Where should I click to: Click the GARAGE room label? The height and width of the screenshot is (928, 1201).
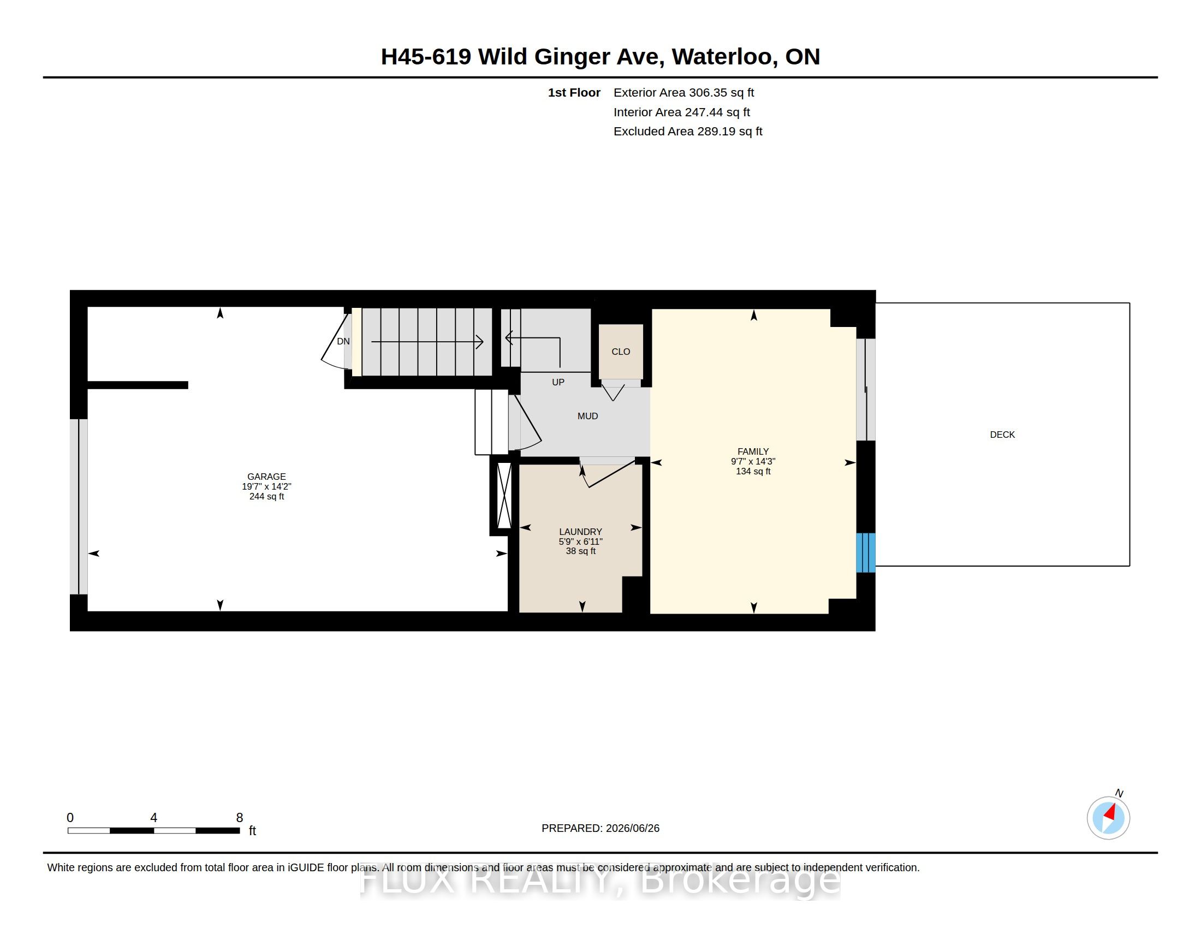click(266, 477)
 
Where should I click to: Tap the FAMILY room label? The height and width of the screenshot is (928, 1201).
click(753, 451)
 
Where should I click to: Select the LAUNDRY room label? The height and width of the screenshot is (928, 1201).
click(580, 532)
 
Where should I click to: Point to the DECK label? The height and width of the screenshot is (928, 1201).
click(1002, 435)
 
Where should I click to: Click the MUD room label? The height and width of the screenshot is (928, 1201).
click(587, 416)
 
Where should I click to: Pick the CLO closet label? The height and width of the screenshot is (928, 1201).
click(620, 352)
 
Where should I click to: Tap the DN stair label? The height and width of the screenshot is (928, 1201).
click(343, 341)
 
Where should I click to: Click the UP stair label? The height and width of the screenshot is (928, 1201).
click(557, 382)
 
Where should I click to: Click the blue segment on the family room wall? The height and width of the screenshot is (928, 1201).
click(866, 552)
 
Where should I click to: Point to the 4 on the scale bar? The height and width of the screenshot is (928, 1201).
click(153, 818)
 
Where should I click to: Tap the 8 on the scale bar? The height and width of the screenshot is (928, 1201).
click(239, 818)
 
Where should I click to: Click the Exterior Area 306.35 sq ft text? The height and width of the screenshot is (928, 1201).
click(683, 93)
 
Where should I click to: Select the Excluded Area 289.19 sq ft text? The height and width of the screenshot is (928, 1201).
click(687, 132)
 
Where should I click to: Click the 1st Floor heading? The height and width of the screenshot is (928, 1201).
click(574, 93)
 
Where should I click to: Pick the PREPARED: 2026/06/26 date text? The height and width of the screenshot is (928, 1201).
click(600, 828)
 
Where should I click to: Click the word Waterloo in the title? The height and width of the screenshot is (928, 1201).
click(725, 57)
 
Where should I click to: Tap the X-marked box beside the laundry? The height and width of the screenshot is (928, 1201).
click(504, 495)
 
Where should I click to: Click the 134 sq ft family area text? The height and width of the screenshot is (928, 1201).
click(753, 471)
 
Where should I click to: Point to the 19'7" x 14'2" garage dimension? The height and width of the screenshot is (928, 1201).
click(266, 486)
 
